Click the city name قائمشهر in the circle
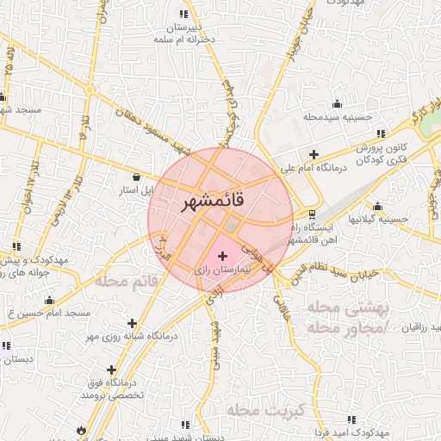click(x=214, y=200)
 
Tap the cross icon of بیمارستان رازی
click(x=223, y=256)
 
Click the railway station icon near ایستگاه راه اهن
click(x=311, y=214)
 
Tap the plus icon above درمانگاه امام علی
click(x=314, y=153)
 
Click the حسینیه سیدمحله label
click(x=336, y=116)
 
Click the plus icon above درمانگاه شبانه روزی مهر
click(x=132, y=323)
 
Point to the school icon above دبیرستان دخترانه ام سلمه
click(x=183, y=14)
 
